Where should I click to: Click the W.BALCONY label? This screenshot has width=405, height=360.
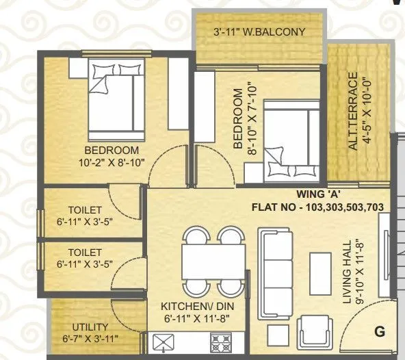259,31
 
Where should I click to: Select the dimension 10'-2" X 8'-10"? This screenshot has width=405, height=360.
112,163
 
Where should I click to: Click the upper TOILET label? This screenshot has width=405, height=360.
85,209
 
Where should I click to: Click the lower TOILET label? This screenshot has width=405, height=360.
85,252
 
